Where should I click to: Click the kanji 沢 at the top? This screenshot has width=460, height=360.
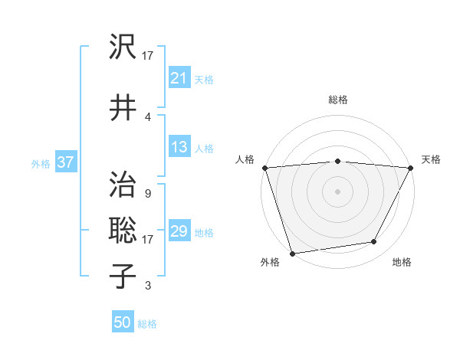click(x=123, y=47)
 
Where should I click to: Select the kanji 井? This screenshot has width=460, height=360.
click(x=123, y=106)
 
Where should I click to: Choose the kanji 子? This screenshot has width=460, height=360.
click(x=123, y=275)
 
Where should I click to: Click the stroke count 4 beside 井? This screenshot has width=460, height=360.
click(x=148, y=116)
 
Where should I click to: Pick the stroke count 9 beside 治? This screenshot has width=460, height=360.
click(x=147, y=194)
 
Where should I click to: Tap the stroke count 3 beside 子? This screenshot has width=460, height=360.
click(x=147, y=286)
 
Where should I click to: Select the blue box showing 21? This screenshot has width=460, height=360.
click(x=179, y=77)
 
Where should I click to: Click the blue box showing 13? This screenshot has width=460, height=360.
click(x=179, y=147)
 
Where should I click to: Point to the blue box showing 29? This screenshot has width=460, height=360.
click(x=179, y=231)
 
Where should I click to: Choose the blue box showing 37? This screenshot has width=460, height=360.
click(x=65, y=162)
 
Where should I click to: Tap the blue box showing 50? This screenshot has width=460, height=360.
click(x=122, y=322)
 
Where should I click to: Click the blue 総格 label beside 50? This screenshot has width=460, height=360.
click(x=147, y=324)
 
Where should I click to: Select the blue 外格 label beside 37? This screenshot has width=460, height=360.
click(x=41, y=163)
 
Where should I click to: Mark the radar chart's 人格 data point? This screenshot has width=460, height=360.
click(x=264, y=168)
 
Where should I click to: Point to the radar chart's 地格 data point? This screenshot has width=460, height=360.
click(x=374, y=242)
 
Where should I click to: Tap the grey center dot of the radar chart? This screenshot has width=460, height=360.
click(x=338, y=191)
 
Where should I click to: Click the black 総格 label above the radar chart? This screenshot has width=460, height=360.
click(x=338, y=100)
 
